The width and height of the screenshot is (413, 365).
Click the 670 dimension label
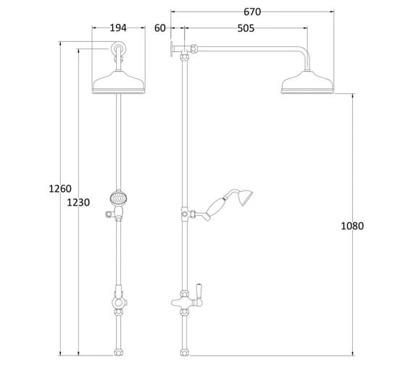252,12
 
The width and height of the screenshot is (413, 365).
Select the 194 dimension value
118,28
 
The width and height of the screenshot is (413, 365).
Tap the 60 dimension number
160,28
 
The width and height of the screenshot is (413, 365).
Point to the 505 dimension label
246,28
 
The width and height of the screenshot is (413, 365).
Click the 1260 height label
60,188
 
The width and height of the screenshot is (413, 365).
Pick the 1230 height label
78,202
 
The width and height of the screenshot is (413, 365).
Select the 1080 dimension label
352,226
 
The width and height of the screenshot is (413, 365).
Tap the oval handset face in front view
118,198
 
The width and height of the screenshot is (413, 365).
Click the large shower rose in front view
119,82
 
